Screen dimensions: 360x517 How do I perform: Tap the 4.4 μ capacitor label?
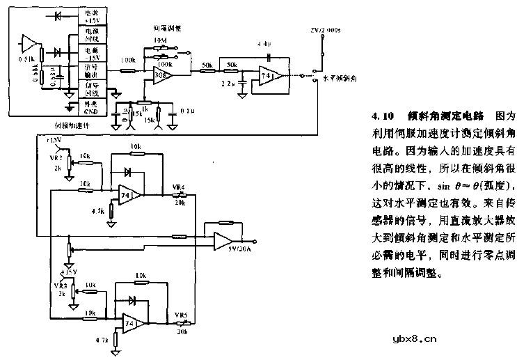262,44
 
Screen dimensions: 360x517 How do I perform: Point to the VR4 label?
178,187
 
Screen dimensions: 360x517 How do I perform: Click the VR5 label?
181,314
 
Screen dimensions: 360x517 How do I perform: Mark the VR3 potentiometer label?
60,285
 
